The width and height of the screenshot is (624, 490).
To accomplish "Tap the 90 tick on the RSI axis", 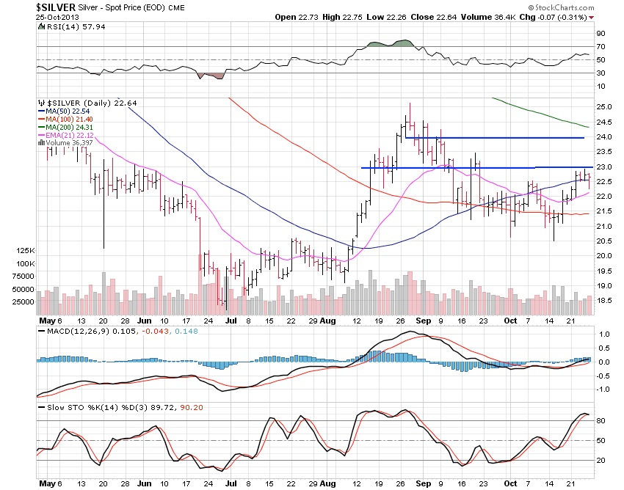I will [601, 33].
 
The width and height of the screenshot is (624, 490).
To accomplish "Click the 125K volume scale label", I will [26, 251].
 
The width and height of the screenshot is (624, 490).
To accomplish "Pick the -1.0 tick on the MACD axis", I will [602, 390].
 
